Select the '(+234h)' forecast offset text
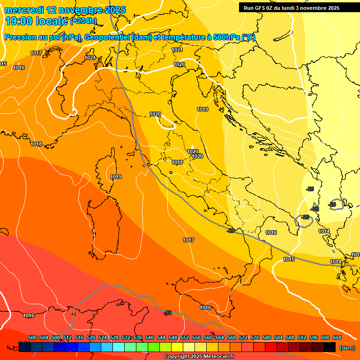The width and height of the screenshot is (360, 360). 83,21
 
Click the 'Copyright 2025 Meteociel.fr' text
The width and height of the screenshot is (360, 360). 199,357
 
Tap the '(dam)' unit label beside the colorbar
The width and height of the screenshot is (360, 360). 347,348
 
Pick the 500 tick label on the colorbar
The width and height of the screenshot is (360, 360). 32,337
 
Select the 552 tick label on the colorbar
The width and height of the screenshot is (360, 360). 185,337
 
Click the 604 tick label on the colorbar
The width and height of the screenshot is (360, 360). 337,337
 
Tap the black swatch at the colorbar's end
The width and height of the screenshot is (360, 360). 330,347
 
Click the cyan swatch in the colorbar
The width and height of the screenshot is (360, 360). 119,347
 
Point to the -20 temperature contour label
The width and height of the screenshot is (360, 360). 230,231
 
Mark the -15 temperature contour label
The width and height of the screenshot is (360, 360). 168,313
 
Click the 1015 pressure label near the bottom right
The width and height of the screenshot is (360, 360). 289,259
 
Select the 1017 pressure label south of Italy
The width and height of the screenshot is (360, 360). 188,240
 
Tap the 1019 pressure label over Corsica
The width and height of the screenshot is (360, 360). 116,177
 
